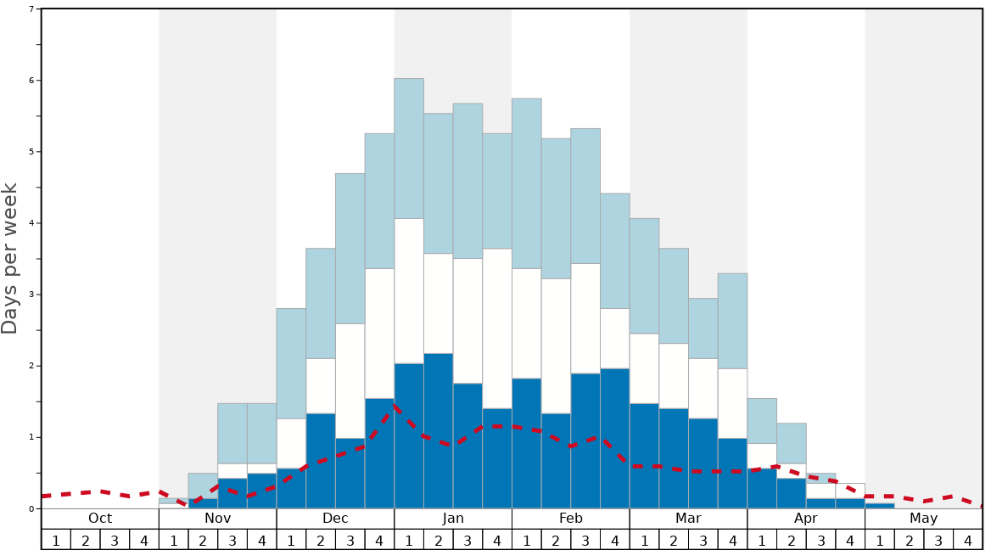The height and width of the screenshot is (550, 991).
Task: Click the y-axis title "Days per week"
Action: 10,258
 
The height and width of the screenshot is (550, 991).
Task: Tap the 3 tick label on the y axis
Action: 31,295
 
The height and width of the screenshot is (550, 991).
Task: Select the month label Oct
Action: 100,519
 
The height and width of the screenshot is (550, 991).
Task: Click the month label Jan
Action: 453,519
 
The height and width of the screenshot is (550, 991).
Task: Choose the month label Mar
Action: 688,519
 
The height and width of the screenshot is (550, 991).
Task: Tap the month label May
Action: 924,519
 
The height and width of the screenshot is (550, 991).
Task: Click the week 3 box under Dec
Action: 350,540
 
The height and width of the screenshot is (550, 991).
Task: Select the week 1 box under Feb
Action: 527,540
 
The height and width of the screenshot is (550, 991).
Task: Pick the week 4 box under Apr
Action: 850,540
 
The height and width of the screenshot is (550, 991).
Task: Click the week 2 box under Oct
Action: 86,540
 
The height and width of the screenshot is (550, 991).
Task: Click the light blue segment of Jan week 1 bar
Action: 409,149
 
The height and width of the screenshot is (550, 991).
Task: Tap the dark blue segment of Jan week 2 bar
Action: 439,430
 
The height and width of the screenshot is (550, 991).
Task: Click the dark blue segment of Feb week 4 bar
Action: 615,438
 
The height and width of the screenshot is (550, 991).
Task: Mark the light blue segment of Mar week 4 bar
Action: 733,321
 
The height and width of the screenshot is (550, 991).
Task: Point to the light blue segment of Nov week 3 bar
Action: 232,433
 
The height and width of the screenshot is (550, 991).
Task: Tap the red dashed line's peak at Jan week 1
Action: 395,408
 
